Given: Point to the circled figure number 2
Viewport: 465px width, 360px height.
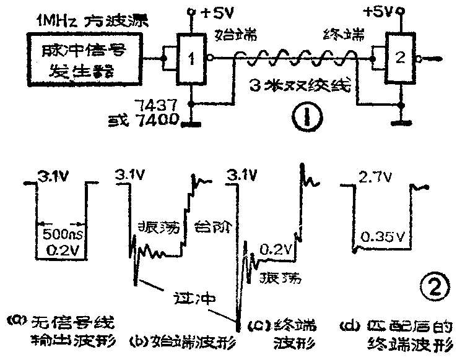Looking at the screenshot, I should coord(433,285).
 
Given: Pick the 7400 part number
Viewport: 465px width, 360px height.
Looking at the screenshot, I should coord(163,118).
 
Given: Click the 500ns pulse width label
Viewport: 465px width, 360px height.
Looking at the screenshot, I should coord(61,235).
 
